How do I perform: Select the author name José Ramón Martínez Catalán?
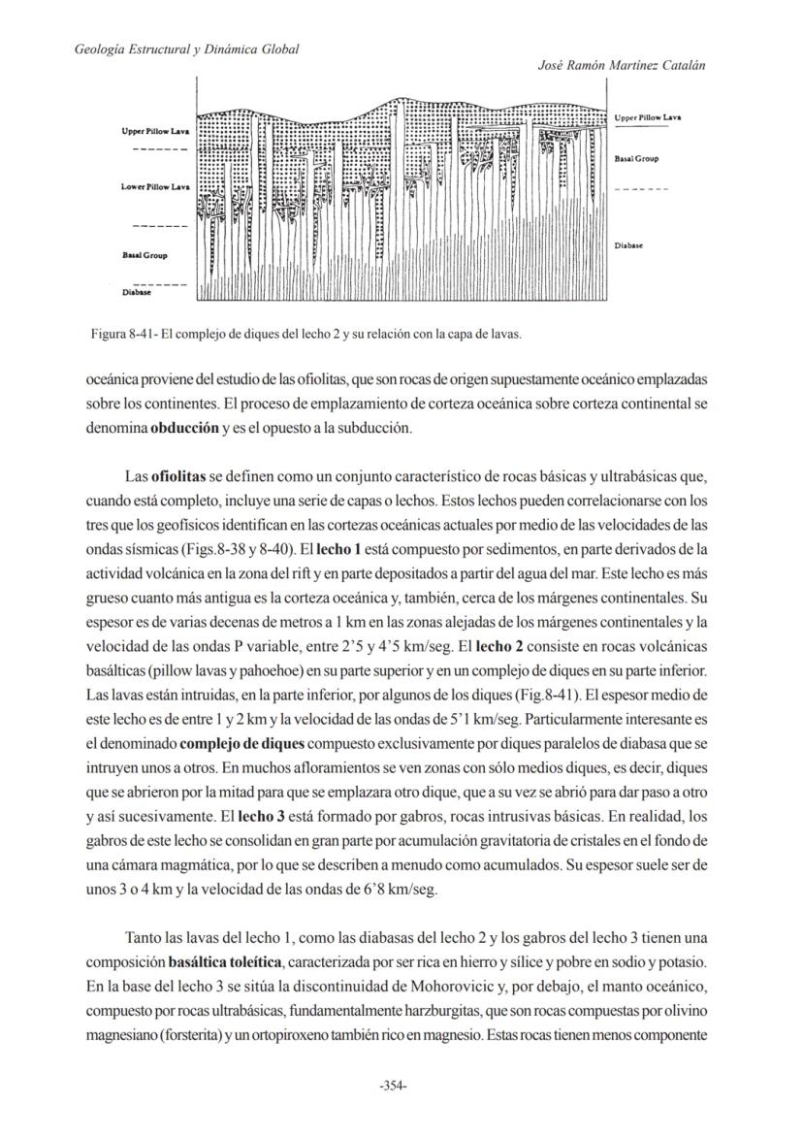tap(621, 64)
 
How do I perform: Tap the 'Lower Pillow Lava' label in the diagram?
tap(155, 186)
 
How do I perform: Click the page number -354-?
tap(393, 1086)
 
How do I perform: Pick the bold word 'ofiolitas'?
tap(179, 476)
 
